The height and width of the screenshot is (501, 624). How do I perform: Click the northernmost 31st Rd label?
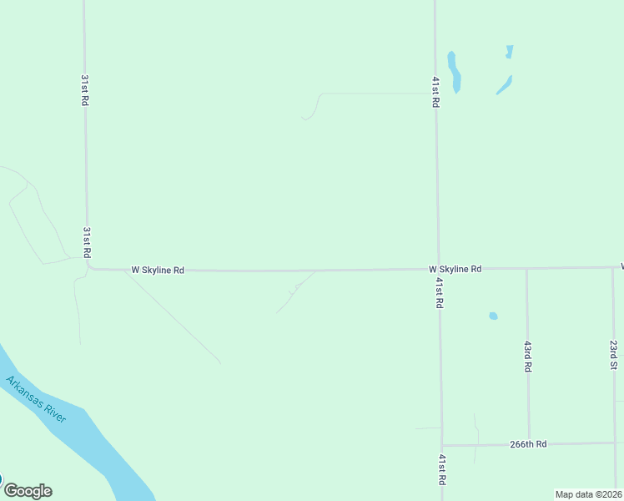(x=85, y=89)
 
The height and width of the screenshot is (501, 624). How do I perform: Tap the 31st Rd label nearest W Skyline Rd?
(x=86, y=241)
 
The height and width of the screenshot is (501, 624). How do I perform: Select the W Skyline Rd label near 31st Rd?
(x=158, y=271)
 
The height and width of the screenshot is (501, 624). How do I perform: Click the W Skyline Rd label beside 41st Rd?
(x=455, y=269)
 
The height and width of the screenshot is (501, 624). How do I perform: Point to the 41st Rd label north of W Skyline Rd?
(x=435, y=92)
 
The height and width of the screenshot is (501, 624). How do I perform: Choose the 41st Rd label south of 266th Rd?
(x=441, y=471)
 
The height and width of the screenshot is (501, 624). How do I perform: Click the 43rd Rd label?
(x=528, y=356)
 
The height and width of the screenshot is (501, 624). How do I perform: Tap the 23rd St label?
(x=613, y=355)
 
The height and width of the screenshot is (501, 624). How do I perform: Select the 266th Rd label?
(x=528, y=444)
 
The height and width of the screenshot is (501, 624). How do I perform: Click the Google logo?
(x=28, y=491)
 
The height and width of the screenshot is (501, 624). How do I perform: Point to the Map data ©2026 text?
(x=589, y=494)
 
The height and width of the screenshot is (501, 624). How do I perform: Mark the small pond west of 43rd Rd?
(x=493, y=316)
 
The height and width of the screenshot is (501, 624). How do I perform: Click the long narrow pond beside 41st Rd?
(x=455, y=73)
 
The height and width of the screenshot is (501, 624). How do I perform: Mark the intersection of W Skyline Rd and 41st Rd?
(x=439, y=269)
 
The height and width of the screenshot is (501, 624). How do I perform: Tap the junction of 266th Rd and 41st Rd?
(x=442, y=445)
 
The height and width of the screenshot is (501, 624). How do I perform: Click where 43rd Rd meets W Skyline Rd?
(x=526, y=269)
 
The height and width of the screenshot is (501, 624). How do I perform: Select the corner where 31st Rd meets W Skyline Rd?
(x=89, y=268)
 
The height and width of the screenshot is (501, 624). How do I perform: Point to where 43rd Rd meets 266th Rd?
(x=529, y=444)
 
